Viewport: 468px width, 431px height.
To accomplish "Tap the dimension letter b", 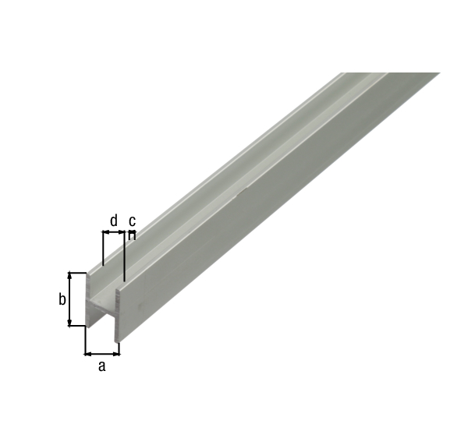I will [x=62, y=299].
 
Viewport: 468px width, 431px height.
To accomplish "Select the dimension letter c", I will [x=132, y=221].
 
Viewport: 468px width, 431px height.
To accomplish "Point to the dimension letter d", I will [x=114, y=221].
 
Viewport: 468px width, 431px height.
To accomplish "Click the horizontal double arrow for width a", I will [x=102, y=353].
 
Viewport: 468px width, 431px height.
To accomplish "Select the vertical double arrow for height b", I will [x=71, y=299].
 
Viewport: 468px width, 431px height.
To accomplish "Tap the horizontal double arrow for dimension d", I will [x=114, y=231].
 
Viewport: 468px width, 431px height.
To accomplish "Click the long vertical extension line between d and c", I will [x=125, y=257].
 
